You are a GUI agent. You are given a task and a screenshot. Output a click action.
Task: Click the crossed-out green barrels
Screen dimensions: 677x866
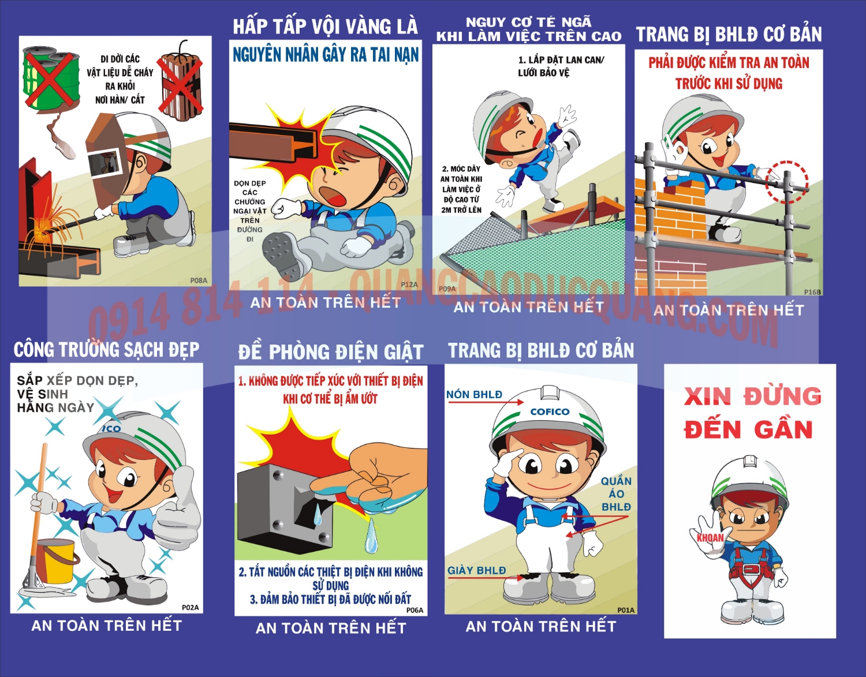point(51,80)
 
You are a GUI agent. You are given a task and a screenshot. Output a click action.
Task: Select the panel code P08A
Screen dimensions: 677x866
point(198,280)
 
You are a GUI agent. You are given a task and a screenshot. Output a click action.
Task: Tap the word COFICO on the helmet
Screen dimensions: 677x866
point(550,412)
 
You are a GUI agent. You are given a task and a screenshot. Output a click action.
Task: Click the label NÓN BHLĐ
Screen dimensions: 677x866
point(474,395)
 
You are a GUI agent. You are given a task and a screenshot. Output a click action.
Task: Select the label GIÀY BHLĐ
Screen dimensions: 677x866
point(476,570)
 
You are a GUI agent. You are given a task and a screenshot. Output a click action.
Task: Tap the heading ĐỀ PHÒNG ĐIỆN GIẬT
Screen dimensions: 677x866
point(331,352)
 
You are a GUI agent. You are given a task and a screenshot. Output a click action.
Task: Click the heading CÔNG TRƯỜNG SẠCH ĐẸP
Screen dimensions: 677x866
point(107,350)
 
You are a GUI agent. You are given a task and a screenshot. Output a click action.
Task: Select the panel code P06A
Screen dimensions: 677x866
point(415,610)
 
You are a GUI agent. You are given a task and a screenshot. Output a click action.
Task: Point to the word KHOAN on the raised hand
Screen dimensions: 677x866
point(710,538)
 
